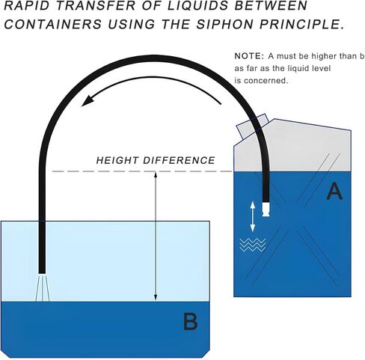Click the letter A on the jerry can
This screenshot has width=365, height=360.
[x=334, y=191]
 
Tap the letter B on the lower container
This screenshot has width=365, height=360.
[x=191, y=322]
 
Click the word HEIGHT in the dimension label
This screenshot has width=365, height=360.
[x=117, y=160]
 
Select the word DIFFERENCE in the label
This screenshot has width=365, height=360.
[x=179, y=160]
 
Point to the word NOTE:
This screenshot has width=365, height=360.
[x=249, y=56]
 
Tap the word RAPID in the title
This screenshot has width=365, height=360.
[x=21, y=5]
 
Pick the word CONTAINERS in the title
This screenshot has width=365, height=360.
[x=53, y=24]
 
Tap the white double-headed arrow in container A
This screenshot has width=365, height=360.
[x=253, y=216]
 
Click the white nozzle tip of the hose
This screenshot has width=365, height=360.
[x=266, y=209]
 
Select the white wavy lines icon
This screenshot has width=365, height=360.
[x=253, y=245]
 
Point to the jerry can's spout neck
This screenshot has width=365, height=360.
[x=253, y=126]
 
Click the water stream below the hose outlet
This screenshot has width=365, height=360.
[x=43, y=288]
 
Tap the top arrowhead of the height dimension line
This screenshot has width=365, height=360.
[x=156, y=174]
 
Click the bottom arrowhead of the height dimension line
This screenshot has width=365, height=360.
[x=156, y=297]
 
